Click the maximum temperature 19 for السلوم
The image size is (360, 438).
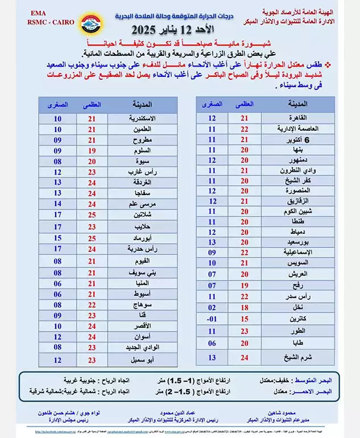[x=92, y=151]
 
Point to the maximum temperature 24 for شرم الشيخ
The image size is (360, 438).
[x=245, y=357]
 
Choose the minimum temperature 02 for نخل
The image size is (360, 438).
[x=212, y=308]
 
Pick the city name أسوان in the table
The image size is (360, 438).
[x=142, y=337]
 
